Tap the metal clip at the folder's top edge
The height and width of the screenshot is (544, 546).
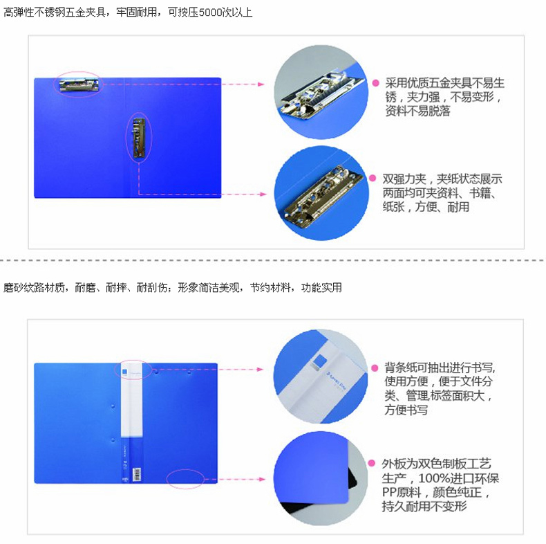click(x=79, y=84)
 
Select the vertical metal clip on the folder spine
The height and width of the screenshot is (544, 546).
click(x=139, y=137)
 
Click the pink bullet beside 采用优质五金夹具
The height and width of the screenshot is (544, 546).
click(x=376, y=83)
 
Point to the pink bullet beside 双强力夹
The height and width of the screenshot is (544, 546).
click(x=373, y=178)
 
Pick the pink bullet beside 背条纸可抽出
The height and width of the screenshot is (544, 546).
click(x=375, y=368)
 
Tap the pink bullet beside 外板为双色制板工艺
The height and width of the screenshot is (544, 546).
click(x=372, y=463)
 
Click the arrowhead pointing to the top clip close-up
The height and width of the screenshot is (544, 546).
click(x=261, y=84)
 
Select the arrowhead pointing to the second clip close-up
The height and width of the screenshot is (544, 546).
click(x=263, y=194)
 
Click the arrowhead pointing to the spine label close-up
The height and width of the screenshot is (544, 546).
click(x=260, y=370)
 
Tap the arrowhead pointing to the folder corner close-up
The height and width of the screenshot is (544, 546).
click(x=261, y=479)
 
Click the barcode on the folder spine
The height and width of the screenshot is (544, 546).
click(x=138, y=474)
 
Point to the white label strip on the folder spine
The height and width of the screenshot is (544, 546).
click(x=131, y=399)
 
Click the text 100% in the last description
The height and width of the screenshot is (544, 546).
click(x=433, y=478)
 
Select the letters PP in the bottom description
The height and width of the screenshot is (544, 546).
click(x=389, y=492)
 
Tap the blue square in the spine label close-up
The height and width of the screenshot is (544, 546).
click(x=319, y=361)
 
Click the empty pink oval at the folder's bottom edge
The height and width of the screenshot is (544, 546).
click(x=185, y=479)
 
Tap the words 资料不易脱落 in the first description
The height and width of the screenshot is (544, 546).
click(x=418, y=111)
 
